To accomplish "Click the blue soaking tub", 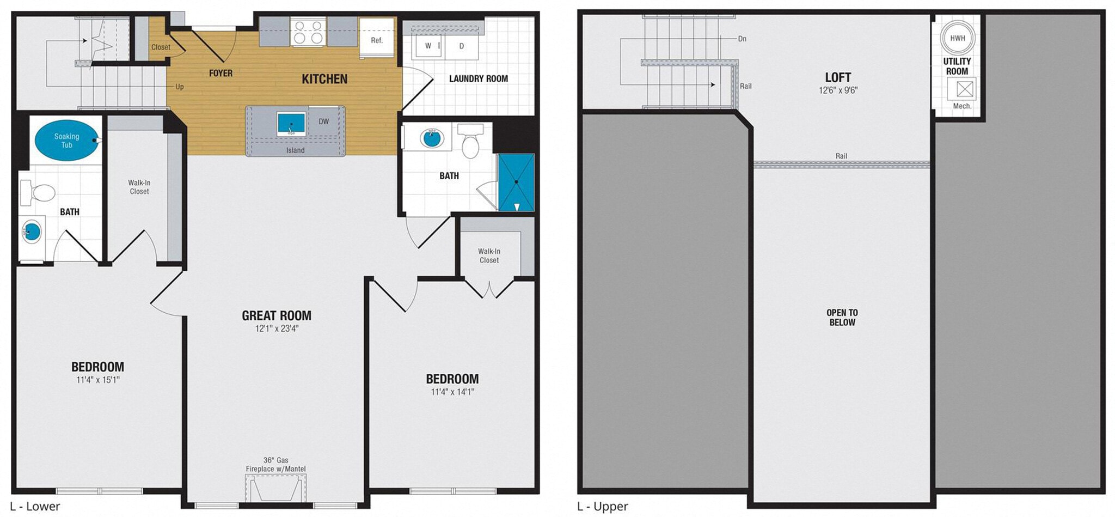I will point(67,141).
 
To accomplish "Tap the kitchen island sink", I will point(291,123).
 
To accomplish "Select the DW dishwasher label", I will point(324,121).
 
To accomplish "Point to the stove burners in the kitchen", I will point(308,32).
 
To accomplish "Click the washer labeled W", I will point(428,46).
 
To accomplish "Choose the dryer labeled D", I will point(461,46).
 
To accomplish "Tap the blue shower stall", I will point(516,182).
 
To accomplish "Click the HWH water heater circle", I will point(957,38).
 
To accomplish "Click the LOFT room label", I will point(838,77).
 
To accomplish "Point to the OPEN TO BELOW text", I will point(842,317).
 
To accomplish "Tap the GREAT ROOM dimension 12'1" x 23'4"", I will point(277,329).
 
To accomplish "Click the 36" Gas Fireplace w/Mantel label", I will point(275,464).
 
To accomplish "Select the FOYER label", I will point(220,73).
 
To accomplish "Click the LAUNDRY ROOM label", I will point(478,78).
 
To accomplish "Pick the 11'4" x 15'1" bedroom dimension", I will point(98,380).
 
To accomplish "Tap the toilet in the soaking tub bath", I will point(38,193).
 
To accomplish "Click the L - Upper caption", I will point(603,506).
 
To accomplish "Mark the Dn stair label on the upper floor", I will point(742,39).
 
